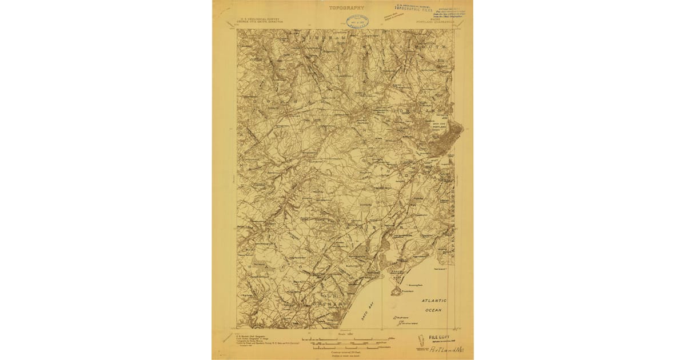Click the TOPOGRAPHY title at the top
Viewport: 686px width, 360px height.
(346, 8)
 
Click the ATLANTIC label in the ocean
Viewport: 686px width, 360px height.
(434, 301)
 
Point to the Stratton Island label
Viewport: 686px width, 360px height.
(408, 323)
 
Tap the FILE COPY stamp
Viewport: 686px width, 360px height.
(440, 338)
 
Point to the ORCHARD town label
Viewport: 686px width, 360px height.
(332, 303)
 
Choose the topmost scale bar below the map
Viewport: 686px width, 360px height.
(343, 341)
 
